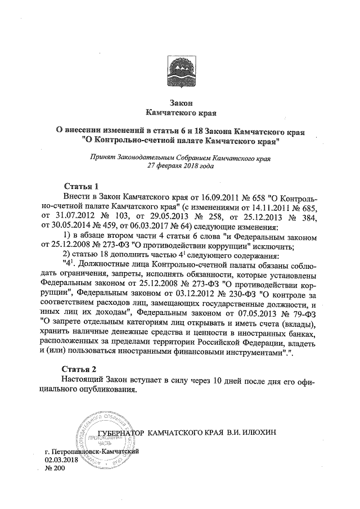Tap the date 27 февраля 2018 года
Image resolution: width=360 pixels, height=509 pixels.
(181, 167)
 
